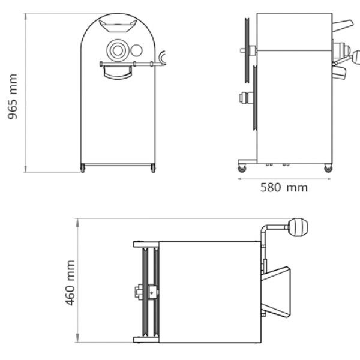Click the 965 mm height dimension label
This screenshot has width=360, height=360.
[x=13, y=97]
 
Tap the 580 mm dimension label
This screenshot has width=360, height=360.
[x=284, y=188]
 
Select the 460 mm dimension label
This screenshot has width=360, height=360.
[x=70, y=283]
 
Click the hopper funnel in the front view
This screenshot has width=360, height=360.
[x=118, y=26]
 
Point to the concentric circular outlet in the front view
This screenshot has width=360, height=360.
[x=118, y=50]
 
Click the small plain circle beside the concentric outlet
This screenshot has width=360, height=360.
[x=136, y=50]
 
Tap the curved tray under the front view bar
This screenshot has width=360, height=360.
[x=118, y=73]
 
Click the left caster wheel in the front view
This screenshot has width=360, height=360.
[x=83, y=169]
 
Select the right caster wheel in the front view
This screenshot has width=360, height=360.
[x=153, y=169]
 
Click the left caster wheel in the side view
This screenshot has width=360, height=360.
[x=242, y=169]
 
